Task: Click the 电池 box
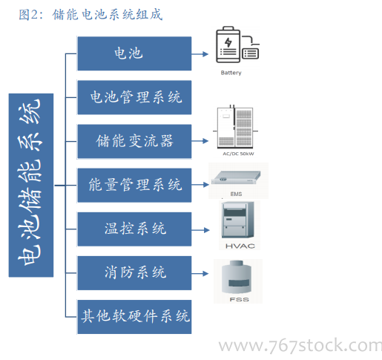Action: (x=134, y=53)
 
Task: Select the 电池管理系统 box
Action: (x=134, y=97)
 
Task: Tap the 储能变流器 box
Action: (x=134, y=141)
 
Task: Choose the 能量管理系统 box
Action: (x=134, y=185)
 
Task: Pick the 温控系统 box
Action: (x=134, y=229)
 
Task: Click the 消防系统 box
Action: (x=134, y=273)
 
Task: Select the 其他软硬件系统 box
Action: (x=134, y=317)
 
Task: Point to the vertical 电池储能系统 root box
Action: (x=31, y=185)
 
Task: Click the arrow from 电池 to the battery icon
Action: (x=200, y=54)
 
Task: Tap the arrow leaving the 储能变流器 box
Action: (x=200, y=141)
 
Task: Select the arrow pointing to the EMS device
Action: (x=200, y=185)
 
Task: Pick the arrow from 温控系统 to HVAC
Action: (x=200, y=230)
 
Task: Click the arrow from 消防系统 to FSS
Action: (x=200, y=273)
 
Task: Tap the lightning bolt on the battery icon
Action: (x=228, y=42)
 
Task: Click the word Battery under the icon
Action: (x=231, y=73)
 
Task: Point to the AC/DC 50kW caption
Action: (x=238, y=154)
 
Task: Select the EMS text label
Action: (x=236, y=194)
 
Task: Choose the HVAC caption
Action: (x=240, y=246)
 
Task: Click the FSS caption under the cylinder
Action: (x=239, y=299)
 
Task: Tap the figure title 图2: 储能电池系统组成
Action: (x=90, y=14)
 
